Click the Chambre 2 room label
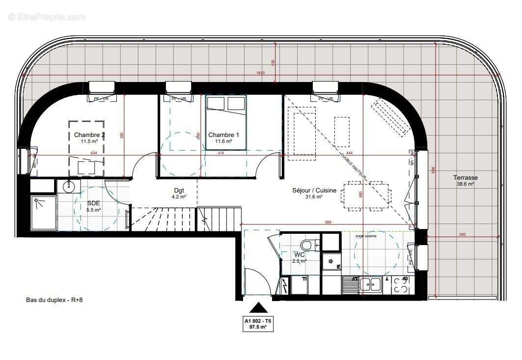89,135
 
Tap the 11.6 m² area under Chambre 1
223,141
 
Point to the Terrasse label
465,178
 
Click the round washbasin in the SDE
69,186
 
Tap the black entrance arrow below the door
259,308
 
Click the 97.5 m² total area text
258,327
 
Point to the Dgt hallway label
179,191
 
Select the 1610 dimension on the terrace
260,73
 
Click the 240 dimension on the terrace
462,235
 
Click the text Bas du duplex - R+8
57,300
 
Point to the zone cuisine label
366,236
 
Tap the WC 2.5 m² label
300,258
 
